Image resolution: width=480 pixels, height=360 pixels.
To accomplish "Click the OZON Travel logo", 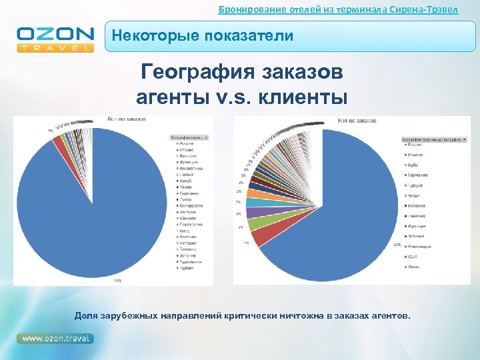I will (x=55, y=39).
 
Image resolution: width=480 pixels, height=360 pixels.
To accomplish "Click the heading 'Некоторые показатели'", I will (x=202, y=36).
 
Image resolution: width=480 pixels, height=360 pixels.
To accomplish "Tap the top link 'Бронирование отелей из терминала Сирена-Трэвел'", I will (x=339, y=9).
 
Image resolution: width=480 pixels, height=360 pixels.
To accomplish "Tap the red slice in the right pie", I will (x=261, y=233).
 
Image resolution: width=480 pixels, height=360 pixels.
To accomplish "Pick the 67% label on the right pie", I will (x=397, y=245).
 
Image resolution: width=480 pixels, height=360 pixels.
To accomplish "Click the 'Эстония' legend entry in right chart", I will (x=417, y=235).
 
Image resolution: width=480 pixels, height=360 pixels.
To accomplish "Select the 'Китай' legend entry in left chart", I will (x=185, y=181).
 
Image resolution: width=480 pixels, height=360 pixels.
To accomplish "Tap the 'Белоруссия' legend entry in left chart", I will (x=190, y=206).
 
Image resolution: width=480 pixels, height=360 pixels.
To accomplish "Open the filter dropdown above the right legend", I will (x=463, y=139).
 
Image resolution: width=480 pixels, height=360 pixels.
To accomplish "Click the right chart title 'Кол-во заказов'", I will (x=357, y=121).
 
